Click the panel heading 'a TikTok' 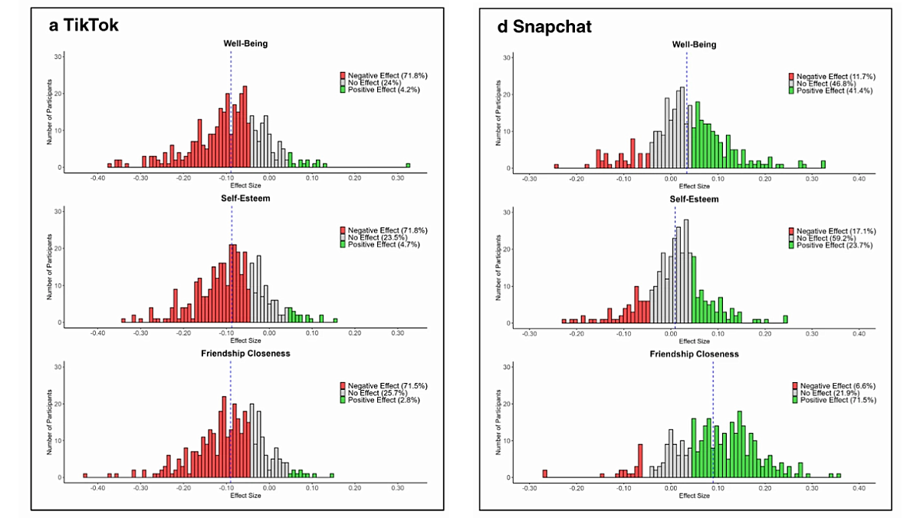click(84, 25)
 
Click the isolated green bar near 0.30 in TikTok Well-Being click(408, 165)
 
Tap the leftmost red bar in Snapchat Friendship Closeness click(545, 473)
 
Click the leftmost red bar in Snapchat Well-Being click(557, 166)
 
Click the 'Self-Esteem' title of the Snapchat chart click(694, 199)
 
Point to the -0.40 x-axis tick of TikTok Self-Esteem click(97, 333)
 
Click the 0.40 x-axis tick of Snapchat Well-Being click(859, 178)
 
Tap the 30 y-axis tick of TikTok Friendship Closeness click(57, 367)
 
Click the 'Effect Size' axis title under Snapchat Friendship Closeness click(694, 496)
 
